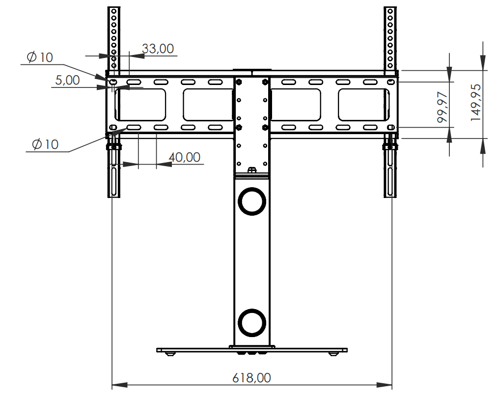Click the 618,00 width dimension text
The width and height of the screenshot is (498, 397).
[251, 378]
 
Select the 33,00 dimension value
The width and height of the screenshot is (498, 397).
[158, 49]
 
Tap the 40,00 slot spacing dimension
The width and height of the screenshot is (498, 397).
[185, 157]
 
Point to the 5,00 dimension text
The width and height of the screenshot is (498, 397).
[67, 80]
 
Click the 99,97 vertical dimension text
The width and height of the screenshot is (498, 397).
[442, 107]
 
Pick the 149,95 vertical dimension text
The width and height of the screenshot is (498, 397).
[475, 102]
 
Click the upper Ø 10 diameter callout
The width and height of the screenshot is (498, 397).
[40, 57]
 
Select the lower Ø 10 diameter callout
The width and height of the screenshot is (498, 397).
[45, 144]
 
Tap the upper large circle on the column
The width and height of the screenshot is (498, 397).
[252, 201]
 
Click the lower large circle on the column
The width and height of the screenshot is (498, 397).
[252, 323]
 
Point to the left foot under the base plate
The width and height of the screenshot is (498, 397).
[169, 353]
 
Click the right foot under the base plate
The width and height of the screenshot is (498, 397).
[333, 353]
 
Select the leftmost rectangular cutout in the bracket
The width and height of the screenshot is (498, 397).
[140, 105]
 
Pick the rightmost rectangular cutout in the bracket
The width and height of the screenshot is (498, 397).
[363, 105]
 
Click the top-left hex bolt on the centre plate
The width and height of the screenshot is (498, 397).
[239, 82]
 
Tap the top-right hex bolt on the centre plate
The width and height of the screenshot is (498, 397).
[265, 82]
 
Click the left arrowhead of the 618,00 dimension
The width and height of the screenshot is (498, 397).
[120, 385]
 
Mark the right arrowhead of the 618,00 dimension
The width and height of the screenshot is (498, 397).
[384, 385]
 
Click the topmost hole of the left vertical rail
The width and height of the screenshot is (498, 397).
[114, 11]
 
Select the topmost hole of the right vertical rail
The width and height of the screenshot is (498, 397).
[390, 11]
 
